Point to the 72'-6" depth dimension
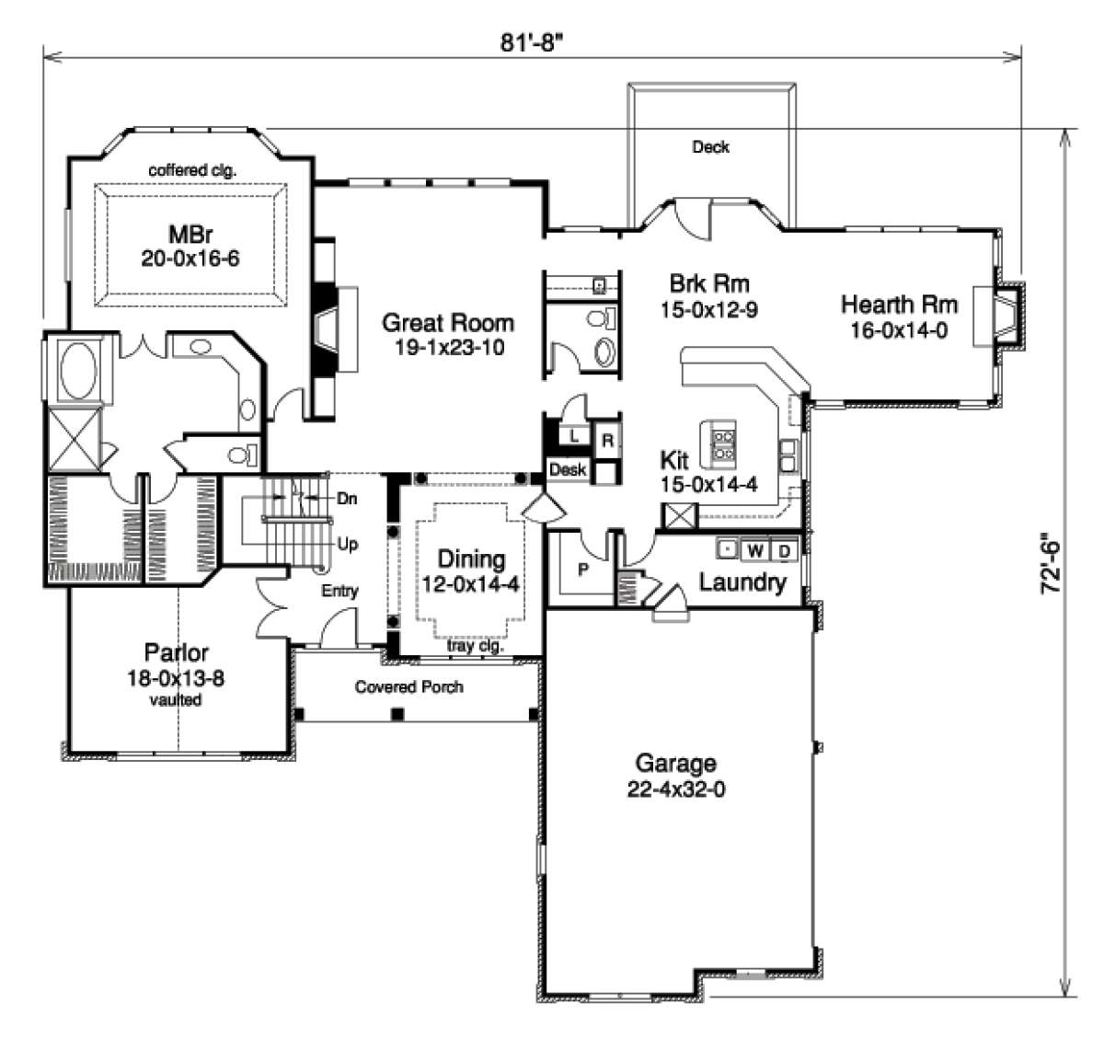coord(1052,564)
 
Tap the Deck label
coord(710,147)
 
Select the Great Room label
coord(448,322)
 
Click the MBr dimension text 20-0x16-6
coord(190,259)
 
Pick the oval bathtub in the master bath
coord(78,371)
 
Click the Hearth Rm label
coord(899,305)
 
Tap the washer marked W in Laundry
coord(755,550)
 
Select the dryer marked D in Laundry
coord(784,551)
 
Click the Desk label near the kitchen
coord(568,470)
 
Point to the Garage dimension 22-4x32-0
coord(676,789)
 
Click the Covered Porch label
coord(408,686)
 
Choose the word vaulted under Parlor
coord(176,699)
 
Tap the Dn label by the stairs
coord(347,498)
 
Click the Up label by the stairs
coord(347,544)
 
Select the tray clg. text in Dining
coord(476,646)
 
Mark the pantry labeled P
coord(583,569)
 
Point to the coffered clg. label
coord(192,170)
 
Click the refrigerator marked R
coord(607,441)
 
